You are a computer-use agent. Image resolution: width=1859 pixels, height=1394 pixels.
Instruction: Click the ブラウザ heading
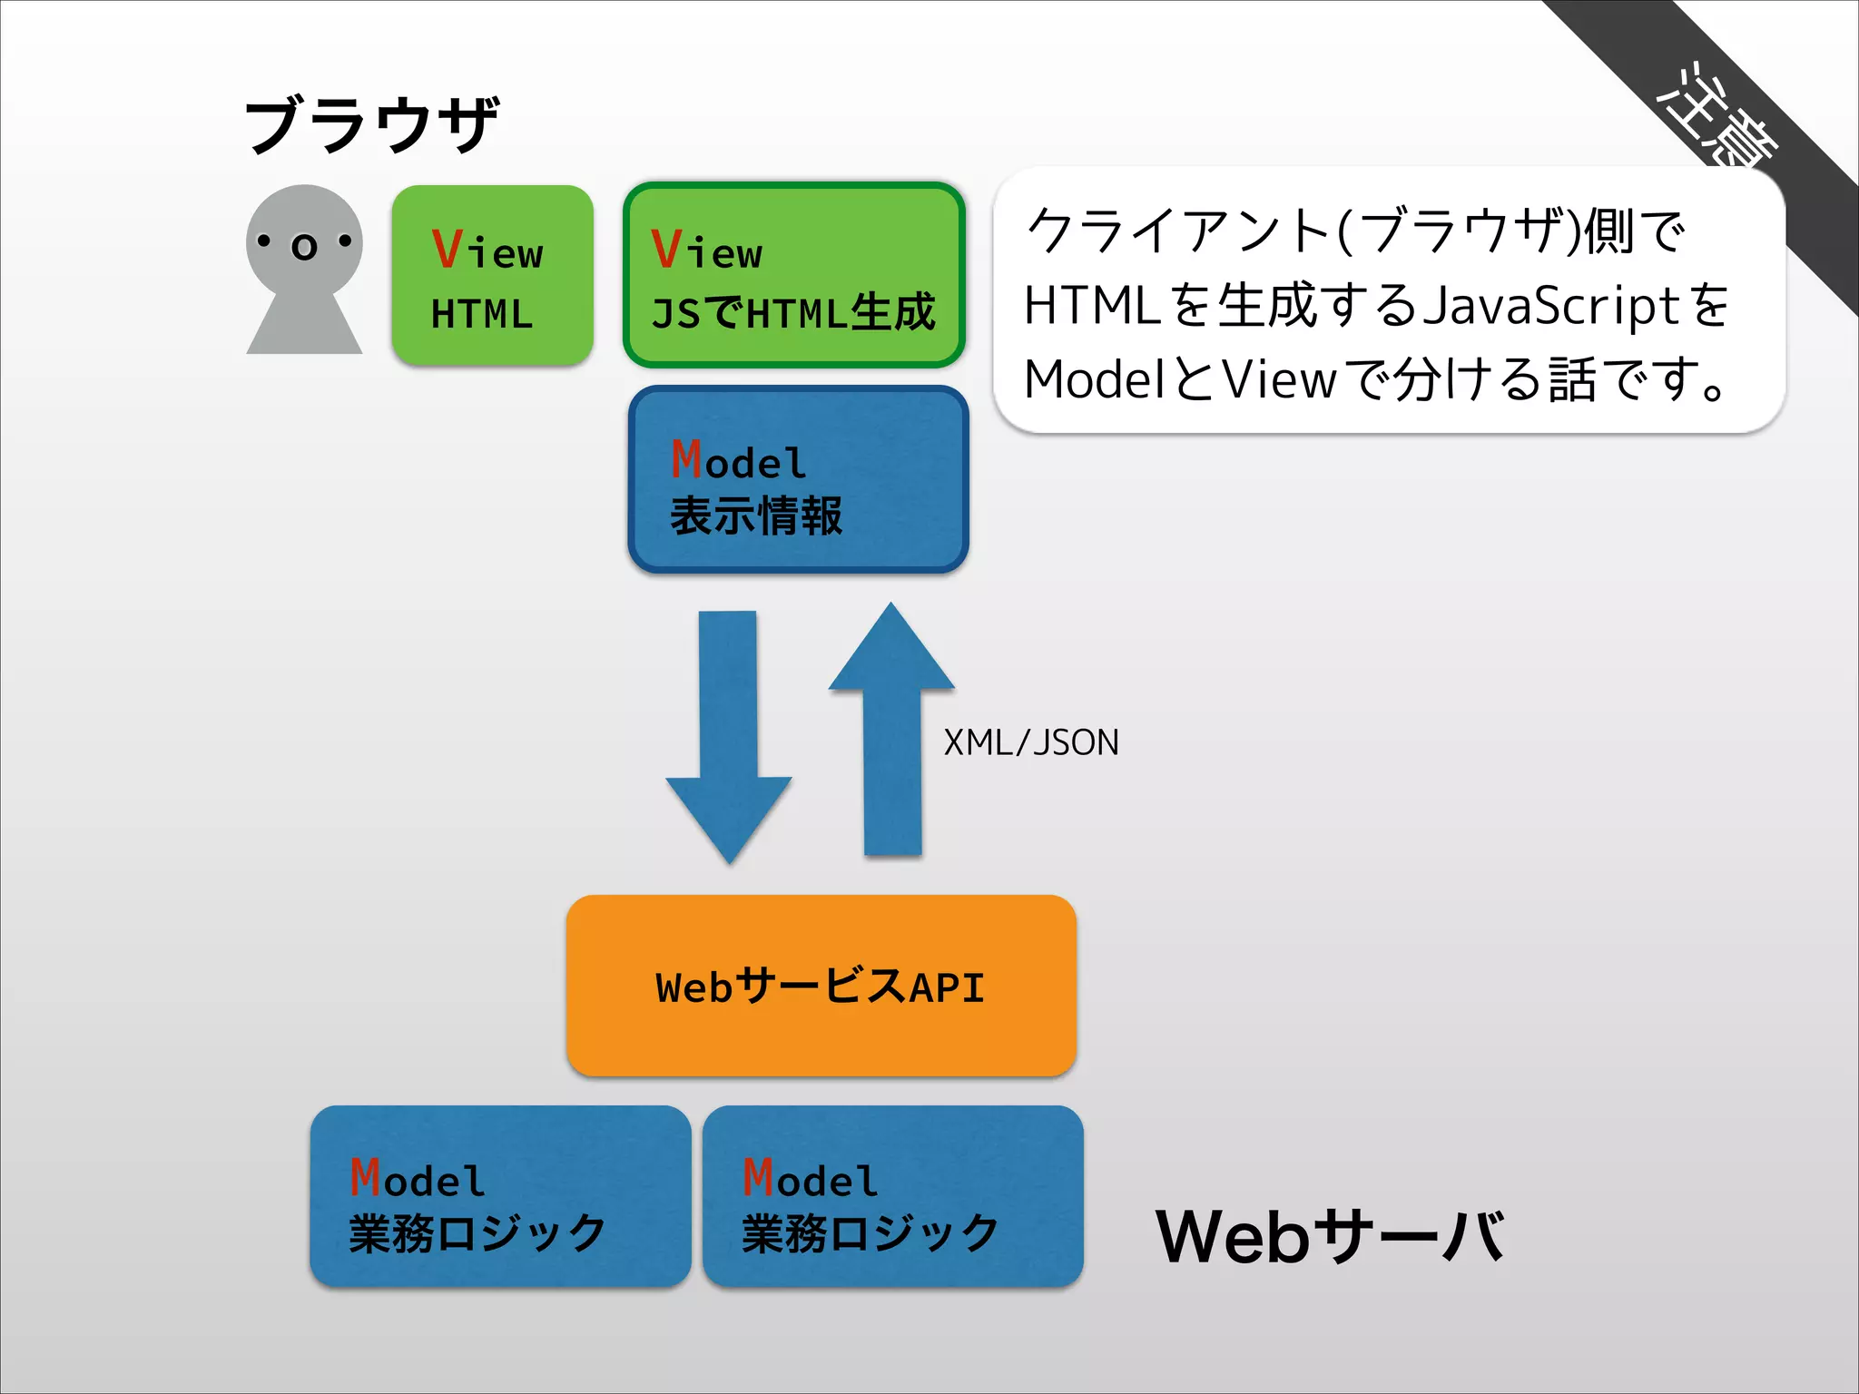tap(372, 124)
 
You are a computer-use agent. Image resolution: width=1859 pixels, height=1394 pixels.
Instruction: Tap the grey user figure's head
tap(304, 238)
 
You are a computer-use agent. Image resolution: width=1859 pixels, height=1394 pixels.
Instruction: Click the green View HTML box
tap(492, 276)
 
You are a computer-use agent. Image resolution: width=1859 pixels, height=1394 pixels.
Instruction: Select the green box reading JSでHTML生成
tap(794, 276)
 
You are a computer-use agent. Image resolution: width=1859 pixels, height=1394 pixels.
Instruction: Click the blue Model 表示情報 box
tap(798, 479)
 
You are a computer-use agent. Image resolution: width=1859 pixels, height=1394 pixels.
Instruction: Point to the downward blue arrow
tap(728, 735)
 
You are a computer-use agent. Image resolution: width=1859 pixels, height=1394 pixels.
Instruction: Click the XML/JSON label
tap(1031, 742)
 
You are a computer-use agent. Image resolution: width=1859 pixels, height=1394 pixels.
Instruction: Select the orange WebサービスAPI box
tap(821, 986)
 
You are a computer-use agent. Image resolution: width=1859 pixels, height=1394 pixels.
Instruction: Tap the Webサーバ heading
tap(1330, 1236)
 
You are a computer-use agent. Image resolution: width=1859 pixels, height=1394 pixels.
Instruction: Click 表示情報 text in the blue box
tap(756, 515)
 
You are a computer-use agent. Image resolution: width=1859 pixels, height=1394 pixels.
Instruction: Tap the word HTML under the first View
tap(481, 314)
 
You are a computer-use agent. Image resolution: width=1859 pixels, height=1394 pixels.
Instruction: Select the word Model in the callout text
tap(1095, 378)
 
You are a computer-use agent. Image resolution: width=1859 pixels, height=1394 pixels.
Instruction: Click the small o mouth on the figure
tap(305, 247)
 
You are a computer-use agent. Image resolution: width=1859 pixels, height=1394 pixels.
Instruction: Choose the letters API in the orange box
tap(948, 987)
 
